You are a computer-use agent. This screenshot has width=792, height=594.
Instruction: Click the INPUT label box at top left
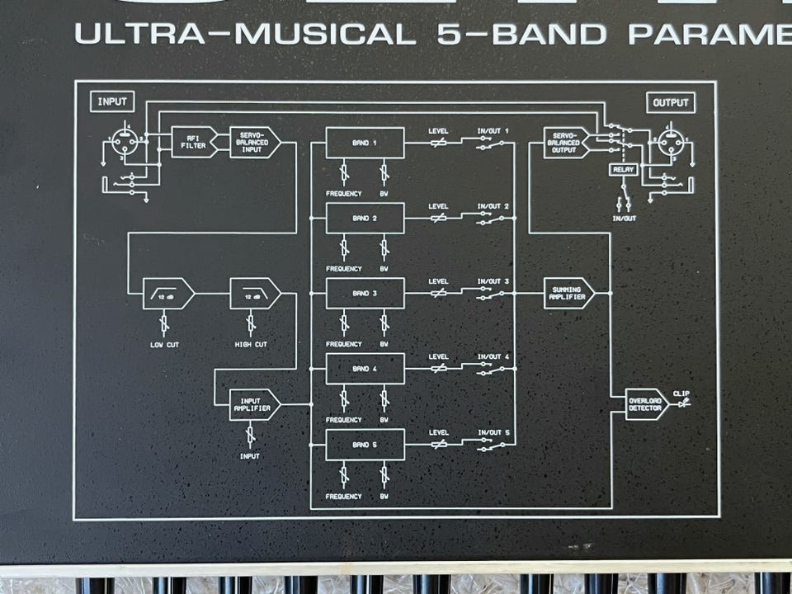[x=113, y=102]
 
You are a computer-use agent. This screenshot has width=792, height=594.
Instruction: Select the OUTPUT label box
[x=670, y=103]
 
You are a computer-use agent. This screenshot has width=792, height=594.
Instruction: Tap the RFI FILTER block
[x=193, y=142]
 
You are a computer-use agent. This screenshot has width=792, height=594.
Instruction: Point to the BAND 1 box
[x=365, y=143]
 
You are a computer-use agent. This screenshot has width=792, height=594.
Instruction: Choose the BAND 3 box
[x=365, y=294]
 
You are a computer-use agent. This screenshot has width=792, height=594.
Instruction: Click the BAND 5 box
[x=365, y=445]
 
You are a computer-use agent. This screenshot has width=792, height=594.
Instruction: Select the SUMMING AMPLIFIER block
[x=567, y=293]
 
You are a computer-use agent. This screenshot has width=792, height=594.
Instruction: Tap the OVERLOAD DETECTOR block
[x=644, y=404]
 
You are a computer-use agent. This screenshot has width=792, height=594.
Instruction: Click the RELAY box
[x=624, y=170]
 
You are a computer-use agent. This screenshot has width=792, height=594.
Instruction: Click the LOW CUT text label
[x=165, y=344]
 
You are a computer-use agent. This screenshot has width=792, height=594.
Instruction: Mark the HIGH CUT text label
[x=250, y=344]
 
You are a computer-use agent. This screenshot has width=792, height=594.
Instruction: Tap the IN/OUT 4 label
[x=493, y=357]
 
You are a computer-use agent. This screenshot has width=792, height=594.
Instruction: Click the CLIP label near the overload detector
[x=681, y=393]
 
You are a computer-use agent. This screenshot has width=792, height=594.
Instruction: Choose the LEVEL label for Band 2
[x=438, y=206]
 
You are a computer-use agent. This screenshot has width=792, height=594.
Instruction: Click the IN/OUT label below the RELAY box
[x=624, y=218]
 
